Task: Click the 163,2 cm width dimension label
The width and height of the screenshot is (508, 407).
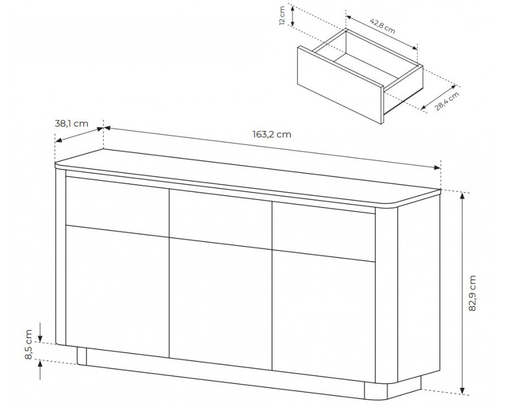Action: coord(272,134)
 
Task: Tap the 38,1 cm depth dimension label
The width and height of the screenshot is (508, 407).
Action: coord(71,124)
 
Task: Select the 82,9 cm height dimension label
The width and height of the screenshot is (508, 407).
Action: coord(472,293)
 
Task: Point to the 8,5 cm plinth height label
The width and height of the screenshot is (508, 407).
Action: coord(29,344)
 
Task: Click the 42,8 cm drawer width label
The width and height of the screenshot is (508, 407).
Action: coord(383,25)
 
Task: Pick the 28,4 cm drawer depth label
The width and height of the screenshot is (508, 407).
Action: coord(447,101)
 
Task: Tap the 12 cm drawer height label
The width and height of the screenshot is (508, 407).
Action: coord(282,16)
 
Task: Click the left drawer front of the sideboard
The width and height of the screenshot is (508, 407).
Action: coord(117,206)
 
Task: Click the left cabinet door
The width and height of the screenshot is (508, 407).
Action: coord(117,291)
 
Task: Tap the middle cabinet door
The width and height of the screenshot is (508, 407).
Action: coord(221,304)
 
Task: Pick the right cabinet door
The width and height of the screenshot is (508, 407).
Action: coord(323,317)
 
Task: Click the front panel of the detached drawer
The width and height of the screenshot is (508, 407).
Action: coord(340,85)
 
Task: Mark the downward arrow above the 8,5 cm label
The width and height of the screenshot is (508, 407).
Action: coord(40,331)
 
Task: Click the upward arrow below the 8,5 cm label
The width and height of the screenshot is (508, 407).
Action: coord(40,370)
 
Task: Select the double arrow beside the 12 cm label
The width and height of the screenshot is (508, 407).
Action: coord(292,16)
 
